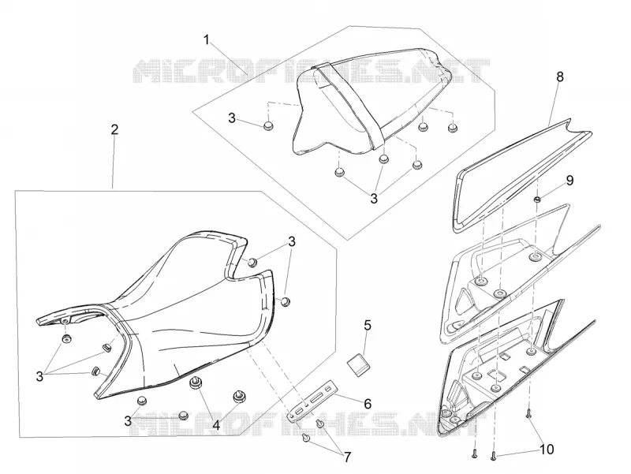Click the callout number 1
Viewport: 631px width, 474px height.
[x=207, y=40]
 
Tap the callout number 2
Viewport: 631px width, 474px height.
[x=114, y=129]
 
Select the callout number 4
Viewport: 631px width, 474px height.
[x=216, y=425]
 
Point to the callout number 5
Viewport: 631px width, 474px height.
[x=368, y=325]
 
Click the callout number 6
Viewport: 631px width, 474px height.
[x=368, y=404]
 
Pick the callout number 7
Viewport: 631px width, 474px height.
[x=347, y=457]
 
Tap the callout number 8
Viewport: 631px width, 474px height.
[x=560, y=77]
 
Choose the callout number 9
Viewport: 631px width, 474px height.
[x=569, y=181]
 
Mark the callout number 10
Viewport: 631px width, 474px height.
[x=547, y=449]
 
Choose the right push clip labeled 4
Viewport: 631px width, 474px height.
[x=240, y=397]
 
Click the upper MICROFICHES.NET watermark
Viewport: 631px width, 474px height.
[x=311, y=71]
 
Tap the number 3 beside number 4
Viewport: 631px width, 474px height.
[x=128, y=421]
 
